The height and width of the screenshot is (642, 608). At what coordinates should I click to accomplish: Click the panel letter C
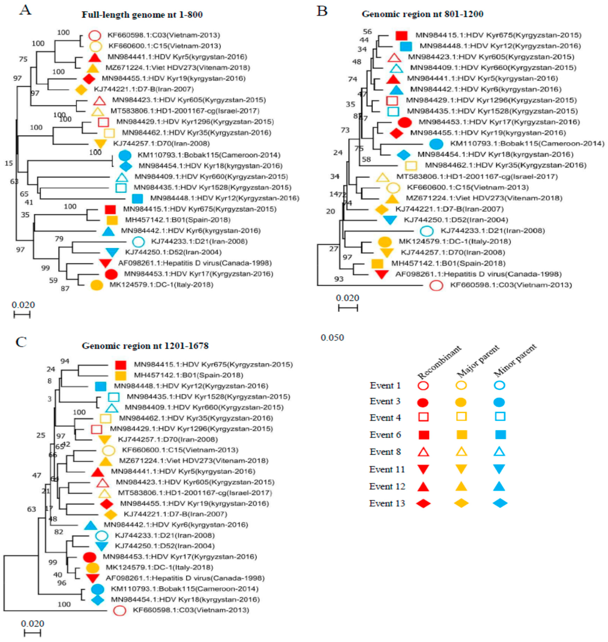[21, 342]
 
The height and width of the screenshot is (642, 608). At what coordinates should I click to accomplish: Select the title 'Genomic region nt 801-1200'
[422, 14]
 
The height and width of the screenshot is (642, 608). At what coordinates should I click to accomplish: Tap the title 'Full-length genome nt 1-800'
[142, 15]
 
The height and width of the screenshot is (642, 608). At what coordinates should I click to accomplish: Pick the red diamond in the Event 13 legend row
[423, 503]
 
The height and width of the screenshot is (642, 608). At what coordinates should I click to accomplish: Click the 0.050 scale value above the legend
[332, 338]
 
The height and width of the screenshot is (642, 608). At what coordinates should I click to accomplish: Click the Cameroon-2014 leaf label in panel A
[209, 155]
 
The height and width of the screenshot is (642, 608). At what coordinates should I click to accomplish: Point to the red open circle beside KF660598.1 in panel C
[120, 611]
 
